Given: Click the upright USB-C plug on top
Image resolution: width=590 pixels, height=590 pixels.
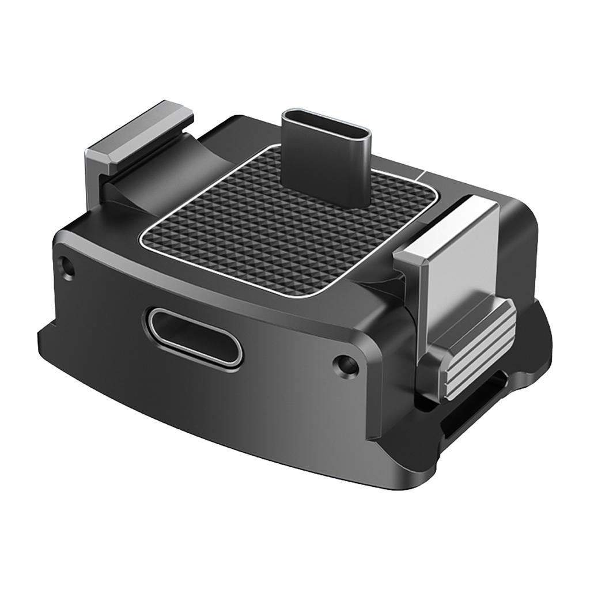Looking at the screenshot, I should coord(326,161).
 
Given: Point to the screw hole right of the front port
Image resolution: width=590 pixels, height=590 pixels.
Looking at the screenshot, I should coord(345,364).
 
